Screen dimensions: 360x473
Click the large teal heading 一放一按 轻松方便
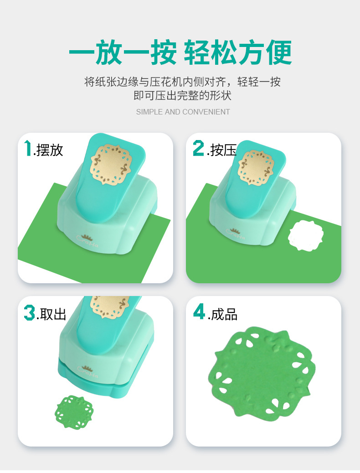click(180, 52)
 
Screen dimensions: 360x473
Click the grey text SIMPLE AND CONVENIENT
click(183, 112)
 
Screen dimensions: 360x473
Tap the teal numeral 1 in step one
click(28, 148)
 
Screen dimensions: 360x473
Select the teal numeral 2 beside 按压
click(199, 148)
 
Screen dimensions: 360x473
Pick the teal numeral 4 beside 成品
click(199, 312)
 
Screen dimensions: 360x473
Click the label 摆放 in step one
click(50, 150)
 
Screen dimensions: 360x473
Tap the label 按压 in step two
click(223, 150)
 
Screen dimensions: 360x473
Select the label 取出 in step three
click(53, 314)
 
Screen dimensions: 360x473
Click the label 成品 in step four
click(224, 314)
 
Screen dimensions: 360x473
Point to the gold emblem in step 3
click(110, 306)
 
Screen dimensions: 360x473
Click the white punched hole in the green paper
click(305, 235)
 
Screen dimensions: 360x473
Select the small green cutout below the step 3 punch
click(74, 412)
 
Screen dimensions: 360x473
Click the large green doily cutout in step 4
click(262, 372)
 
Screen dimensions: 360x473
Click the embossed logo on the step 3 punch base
click(87, 371)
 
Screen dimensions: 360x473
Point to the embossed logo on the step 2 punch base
click(235, 234)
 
